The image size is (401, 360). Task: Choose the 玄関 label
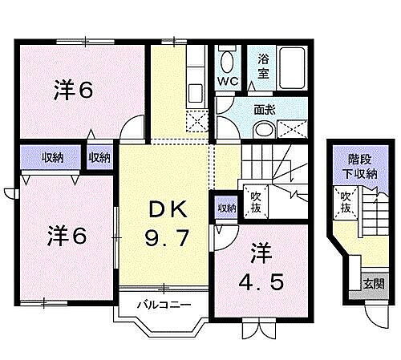pos(374,284)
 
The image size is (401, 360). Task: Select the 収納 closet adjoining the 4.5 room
pos(226,208)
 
